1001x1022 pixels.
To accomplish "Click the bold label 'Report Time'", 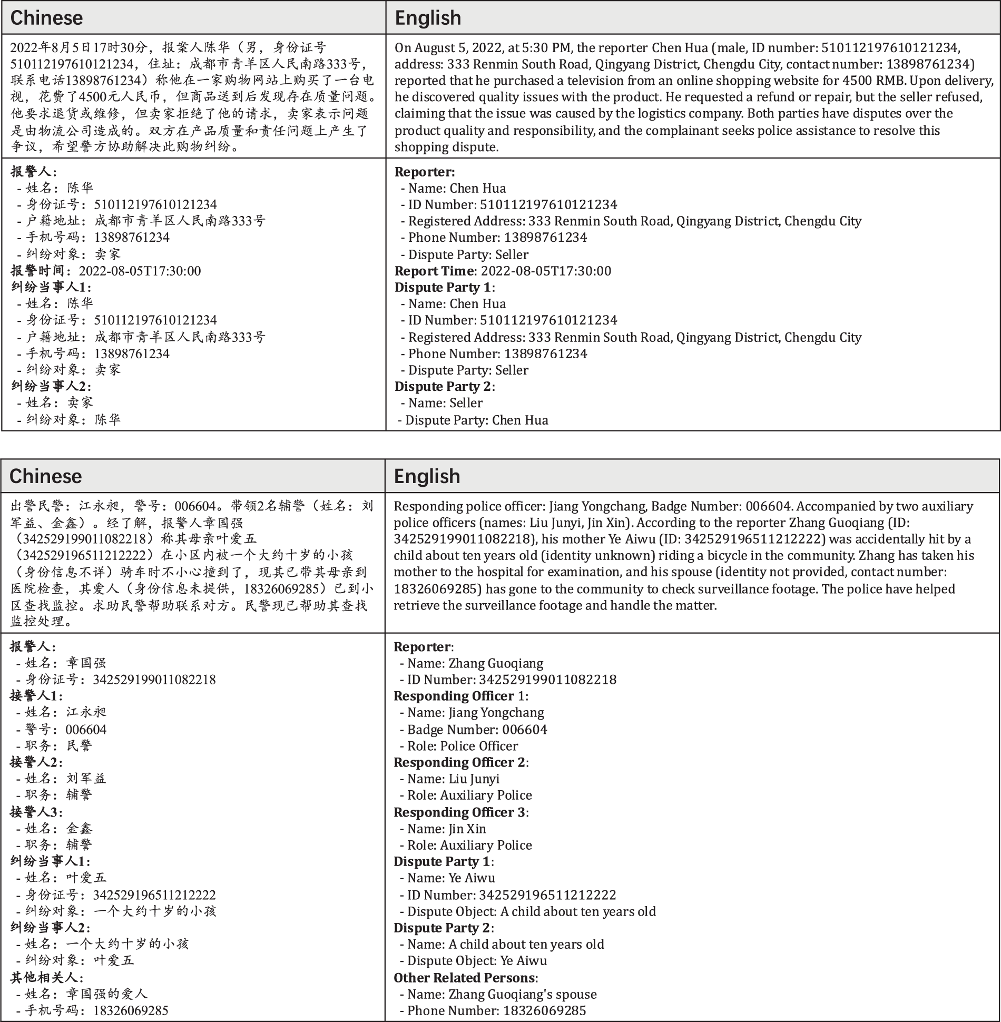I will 434,271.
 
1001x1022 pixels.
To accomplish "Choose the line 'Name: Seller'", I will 445,403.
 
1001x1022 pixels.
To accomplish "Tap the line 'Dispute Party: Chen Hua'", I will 476,420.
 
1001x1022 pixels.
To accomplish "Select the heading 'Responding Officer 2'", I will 459,762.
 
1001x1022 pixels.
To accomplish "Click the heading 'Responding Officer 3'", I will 459,812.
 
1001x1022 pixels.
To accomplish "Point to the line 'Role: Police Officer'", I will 462,746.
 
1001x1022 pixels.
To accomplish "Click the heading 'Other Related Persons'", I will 464,978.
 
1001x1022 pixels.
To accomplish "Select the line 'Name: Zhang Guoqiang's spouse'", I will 502,994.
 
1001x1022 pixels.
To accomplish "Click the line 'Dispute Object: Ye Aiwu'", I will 477,960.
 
